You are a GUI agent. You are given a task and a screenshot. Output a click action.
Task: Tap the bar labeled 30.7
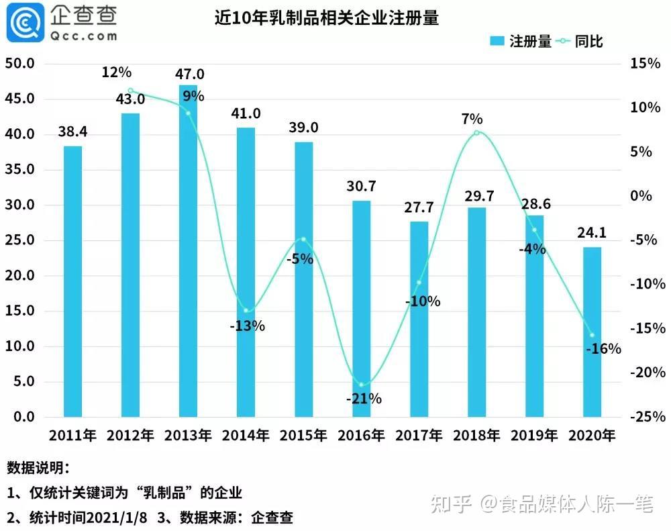click(362, 308)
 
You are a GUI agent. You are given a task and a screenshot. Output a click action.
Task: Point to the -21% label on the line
click(364, 399)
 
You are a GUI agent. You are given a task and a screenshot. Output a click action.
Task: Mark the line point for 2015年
click(303, 239)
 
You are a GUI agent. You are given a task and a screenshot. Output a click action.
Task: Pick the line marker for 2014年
click(246, 310)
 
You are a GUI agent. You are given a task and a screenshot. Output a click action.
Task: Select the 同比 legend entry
click(581, 42)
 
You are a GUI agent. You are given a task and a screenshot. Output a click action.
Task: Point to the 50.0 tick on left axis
click(20, 64)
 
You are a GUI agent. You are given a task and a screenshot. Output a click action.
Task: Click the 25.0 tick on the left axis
click(20, 240)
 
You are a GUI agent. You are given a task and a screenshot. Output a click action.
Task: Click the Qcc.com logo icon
click(23, 24)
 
